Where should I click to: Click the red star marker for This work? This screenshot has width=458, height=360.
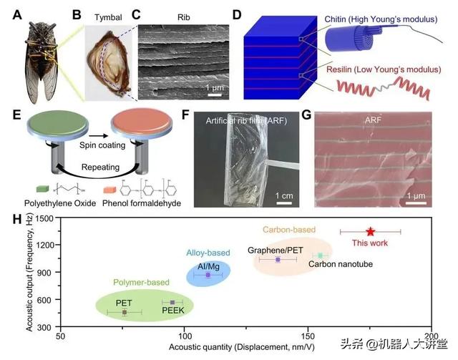coord(371,232)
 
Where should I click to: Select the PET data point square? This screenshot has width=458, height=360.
coord(125,312)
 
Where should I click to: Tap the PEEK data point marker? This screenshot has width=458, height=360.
coord(172,302)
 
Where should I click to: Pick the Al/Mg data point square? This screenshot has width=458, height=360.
coord(208,275)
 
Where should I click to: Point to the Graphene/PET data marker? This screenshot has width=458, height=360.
coord(278,260)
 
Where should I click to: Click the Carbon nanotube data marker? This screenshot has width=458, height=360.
coord(320,256)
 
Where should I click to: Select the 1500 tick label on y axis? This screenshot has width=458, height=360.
coord(44,218)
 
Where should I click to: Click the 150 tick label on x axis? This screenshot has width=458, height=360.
coord(308,336)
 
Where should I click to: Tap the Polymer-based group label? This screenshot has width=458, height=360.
coord(142,282)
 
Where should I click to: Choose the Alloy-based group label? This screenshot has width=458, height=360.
coord(208,253)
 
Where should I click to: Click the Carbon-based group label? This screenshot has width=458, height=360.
coord(289,230)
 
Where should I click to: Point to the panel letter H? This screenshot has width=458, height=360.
coord(17,220)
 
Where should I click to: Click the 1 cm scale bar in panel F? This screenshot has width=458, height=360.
coord(284,203)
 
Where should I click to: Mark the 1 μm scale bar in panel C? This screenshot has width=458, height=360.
coord(215,94)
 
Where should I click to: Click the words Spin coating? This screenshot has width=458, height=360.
coord(102,145)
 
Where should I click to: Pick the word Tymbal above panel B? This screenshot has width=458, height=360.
coord(108,17)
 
